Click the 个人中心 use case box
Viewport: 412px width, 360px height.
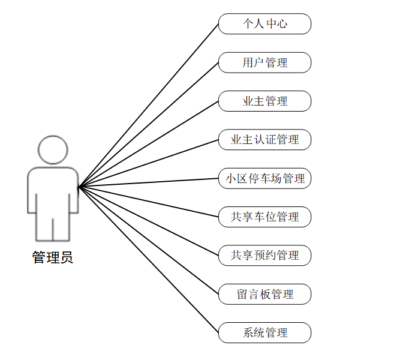(264, 24)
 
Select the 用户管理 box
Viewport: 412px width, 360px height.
(264, 62)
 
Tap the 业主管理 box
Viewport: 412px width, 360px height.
(264, 101)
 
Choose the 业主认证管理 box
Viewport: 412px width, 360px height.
(264, 140)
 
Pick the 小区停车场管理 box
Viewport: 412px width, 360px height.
(264, 178)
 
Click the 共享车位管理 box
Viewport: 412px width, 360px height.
(264, 217)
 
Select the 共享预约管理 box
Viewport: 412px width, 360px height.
(264, 255)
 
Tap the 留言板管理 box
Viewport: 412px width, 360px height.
(264, 294)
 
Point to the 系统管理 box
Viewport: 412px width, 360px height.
(264, 332)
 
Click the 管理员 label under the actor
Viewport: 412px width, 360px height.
(53, 258)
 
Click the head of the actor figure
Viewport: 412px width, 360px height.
(53, 149)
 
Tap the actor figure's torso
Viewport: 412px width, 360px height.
(53, 192)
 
